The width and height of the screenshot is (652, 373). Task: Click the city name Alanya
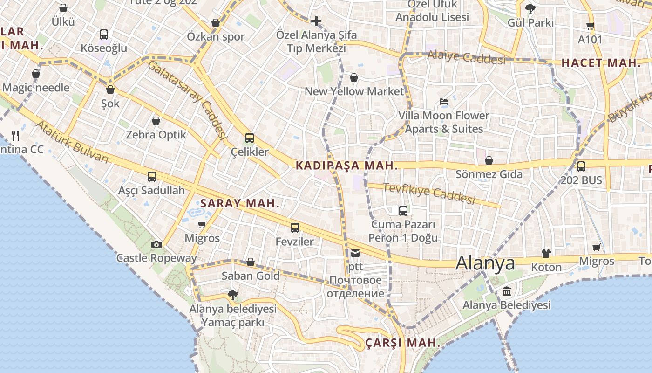click(x=485, y=263)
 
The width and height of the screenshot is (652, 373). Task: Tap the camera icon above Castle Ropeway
click(x=156, y=244)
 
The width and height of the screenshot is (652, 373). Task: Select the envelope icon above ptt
click(x=355, y=254)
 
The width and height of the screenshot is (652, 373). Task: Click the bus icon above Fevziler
click(x=295, y=228)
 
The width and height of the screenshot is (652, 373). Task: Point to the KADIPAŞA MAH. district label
click(x=347, y=166)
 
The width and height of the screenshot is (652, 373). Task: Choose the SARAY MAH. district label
click(x=240, y=203)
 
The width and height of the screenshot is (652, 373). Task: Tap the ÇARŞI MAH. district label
click(x=402, y=343)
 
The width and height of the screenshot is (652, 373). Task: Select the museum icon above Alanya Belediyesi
click(x=507, y=292)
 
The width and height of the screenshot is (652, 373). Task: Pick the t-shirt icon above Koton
click(x=546, y=254)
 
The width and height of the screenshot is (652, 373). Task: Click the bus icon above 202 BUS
click(x=581, y=166)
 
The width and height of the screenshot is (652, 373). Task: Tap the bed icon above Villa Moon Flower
click(x=444, y=102)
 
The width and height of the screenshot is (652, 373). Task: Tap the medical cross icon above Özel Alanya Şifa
click(x=316, y=21)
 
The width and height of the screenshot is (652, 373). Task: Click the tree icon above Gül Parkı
click(x=530, y=8)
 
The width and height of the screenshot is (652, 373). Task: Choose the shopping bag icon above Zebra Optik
click(x=156, y=121)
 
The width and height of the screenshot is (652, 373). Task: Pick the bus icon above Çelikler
click(x=250, y=138)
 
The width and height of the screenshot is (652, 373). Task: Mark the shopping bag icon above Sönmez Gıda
click(x=489, y=161)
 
